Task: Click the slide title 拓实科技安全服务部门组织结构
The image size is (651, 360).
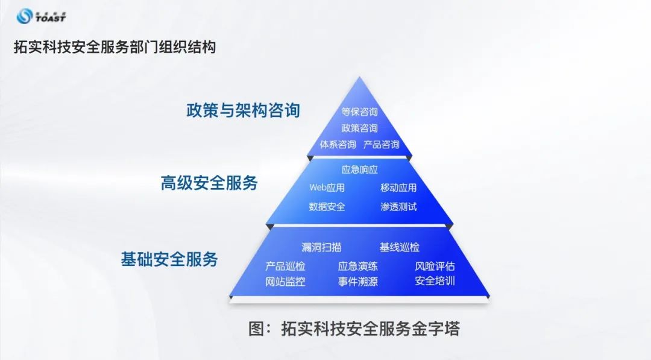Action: pyautogui.click(x=115, y=47)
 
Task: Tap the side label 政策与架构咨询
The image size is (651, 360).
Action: pyautogui.click(x=243, y=110)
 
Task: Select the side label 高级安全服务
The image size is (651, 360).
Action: pyautogui.click(x=209, y=183)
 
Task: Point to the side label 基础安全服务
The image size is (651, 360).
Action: pyautogui.click(x=169, y=259)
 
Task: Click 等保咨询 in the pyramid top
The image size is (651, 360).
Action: pyautogui.click(x=359, y=112)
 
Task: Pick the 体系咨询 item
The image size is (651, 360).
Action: pyautogui.click(x=338, y=145)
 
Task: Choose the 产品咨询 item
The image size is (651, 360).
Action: pyautogui.click(x=382, y=145)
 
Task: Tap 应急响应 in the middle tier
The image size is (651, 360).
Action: pyautogui.click(x=360, y=169)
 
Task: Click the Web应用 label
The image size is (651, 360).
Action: pyautogui.click(x=327, y=188)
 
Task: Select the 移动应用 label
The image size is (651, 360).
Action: pyautogui.click(x=398, y=188)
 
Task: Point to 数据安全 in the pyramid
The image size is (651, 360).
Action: pyautogui.click(x=327, y=207)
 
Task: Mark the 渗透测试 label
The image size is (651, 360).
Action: pyautogui.click(x=398, y=207)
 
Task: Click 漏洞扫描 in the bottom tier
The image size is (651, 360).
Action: pyautogui.click(x=321, y=247)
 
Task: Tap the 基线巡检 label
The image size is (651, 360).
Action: pyautogui.click(x=399, y=247)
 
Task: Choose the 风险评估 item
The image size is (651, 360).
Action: pyautogui.click(x=435, y=266)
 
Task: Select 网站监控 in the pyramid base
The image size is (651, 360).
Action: pyautogui.click(x=285, y=282)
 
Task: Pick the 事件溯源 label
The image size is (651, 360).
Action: pyautogui.click(x=358, y=282)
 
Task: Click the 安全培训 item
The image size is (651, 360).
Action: pyautogui.click(x=435, y=281)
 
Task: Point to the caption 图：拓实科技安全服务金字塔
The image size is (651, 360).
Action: pyautogui.click(x=354, y=329)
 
